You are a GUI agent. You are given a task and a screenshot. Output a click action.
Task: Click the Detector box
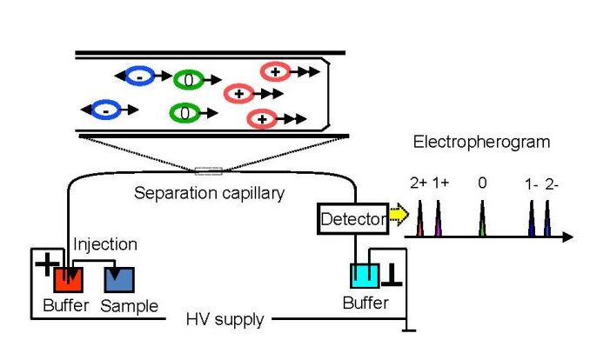(352, 220)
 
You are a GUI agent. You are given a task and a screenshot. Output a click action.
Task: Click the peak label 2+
(419, 183)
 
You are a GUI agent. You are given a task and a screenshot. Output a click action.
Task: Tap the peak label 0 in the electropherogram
(483, 183)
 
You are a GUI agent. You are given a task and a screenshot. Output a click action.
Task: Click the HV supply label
(225, 320)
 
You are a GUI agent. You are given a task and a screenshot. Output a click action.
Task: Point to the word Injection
(104, 246)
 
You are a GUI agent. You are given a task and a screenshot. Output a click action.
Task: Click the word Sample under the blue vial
(129, 306)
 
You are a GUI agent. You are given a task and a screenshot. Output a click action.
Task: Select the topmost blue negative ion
(140, 77)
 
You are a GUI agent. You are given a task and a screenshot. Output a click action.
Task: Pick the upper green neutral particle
(187, 80)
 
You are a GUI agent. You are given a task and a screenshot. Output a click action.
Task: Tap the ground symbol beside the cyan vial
(392, 277)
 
